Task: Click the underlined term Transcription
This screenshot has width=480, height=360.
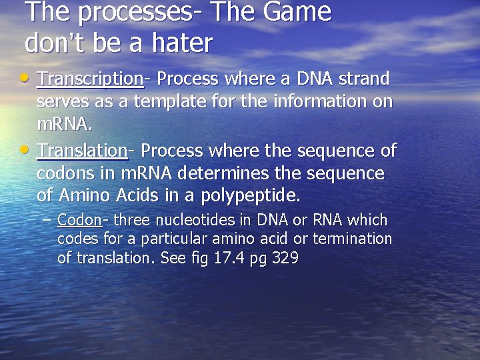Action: coord(90,79)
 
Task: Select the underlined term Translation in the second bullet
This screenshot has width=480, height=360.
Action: coord(83,151)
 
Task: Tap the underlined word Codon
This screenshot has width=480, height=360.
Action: coord(79,220)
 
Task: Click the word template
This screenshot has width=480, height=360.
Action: coord(162,103)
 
